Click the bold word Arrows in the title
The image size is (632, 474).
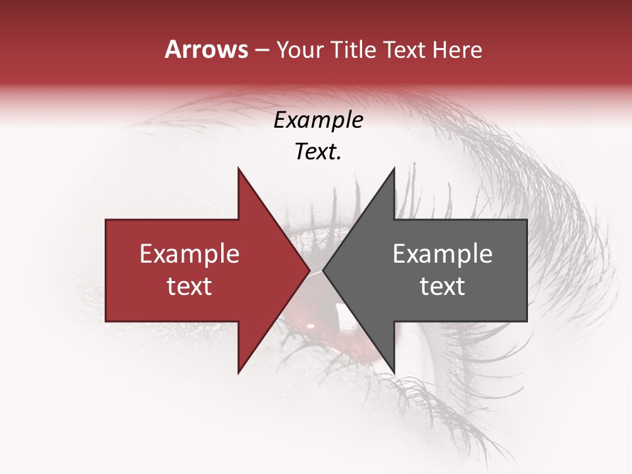point(206,49)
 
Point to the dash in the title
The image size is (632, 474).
point(262,50)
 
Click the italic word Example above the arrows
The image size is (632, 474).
point(318,120)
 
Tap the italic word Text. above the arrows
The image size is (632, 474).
point(318,152)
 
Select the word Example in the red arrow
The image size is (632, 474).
point(190,254)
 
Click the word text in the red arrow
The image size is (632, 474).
point(190,286)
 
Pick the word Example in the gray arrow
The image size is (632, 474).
point(442,254)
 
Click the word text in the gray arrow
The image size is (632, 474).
point(442,286)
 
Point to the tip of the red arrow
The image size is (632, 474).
point(309,271)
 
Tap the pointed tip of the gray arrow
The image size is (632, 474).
point(323,271)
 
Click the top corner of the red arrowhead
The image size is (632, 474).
point(238,169)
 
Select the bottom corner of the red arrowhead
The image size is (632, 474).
point(238,373)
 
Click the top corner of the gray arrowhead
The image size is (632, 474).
point(394,169)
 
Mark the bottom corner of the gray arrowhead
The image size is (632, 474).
point(394,373)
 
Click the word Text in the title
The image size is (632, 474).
point(408,49)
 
